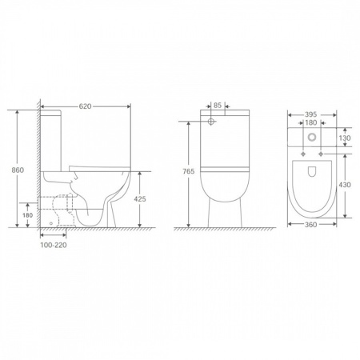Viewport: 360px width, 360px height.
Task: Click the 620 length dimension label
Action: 85,106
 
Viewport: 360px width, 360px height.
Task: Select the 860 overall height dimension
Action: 18,170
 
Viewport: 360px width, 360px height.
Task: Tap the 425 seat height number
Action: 140,199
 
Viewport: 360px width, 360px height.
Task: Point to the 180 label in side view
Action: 27,215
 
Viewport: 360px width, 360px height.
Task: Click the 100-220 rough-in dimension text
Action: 54,245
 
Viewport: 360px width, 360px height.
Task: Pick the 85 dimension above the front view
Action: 218,106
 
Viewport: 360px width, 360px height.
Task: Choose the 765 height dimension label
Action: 189,171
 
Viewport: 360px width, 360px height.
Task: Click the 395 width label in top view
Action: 310,114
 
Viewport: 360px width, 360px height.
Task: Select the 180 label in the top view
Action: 310,122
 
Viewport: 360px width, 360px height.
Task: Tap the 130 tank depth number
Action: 345,138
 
